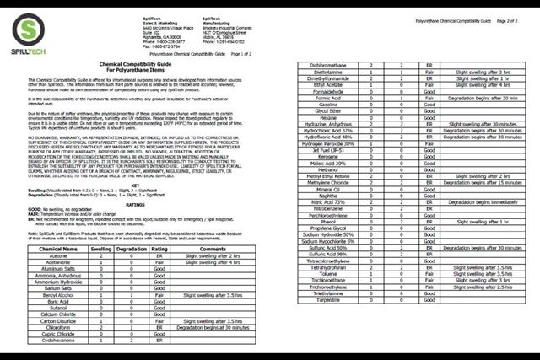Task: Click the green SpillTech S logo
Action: [x=31, y=31]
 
